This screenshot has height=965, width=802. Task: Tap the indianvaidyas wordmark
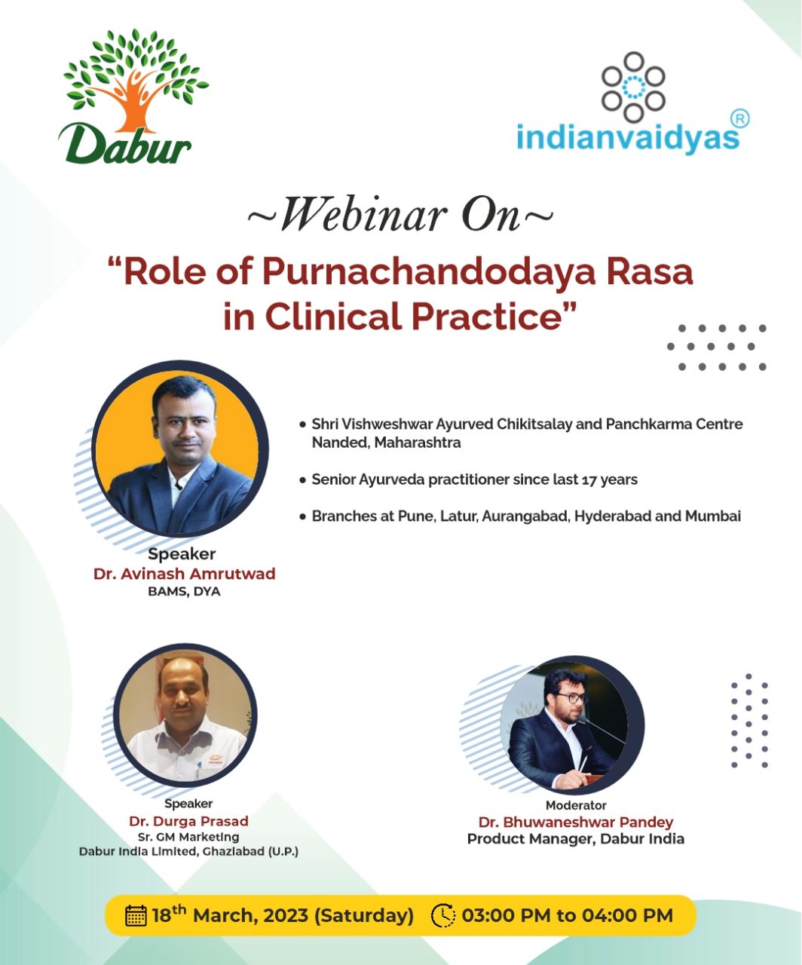point(628,137)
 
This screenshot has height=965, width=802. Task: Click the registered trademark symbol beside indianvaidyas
point(739,119)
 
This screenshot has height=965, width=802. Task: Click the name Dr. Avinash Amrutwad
point(185,574)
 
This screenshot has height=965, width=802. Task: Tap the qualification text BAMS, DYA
point(184,592)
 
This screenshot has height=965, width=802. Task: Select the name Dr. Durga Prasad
point(188,821)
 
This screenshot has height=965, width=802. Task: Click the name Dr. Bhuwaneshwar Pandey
point(576,823)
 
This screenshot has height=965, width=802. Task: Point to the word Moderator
point(576,805)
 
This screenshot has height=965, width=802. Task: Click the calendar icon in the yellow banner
point(136,915)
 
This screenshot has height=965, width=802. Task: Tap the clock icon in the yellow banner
point(442,915)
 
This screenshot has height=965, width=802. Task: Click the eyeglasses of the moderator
point(571,698)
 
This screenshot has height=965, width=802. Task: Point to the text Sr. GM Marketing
point(188,837)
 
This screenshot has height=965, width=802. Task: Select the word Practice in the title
point(488,317)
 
